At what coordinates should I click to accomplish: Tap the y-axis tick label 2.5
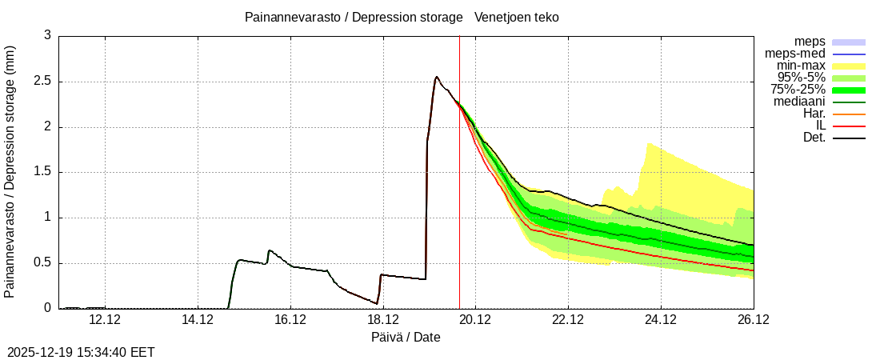point(42,82)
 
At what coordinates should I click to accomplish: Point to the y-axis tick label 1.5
point(42,172)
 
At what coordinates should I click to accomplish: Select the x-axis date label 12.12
point(105,320)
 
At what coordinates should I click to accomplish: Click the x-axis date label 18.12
point(383,320)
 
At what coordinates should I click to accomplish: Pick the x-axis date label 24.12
point(661,320)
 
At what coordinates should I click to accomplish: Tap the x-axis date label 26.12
point(753,320)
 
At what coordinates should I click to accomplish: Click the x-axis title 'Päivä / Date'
point(406,337)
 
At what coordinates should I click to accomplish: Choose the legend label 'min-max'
point(801,66)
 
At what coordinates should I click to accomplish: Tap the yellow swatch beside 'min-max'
point(849,66)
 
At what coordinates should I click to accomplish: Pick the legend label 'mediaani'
point(799,102)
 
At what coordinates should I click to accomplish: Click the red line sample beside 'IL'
point(849,126)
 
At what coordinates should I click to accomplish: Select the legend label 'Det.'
point(814,138)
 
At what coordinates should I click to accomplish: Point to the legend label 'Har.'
point(814,114)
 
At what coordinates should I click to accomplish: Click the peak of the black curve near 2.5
point(436,77)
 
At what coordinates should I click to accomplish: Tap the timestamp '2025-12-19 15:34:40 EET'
point(81,352)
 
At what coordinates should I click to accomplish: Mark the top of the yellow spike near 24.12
point(648,144)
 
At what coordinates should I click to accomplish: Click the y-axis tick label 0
point(47,308)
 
